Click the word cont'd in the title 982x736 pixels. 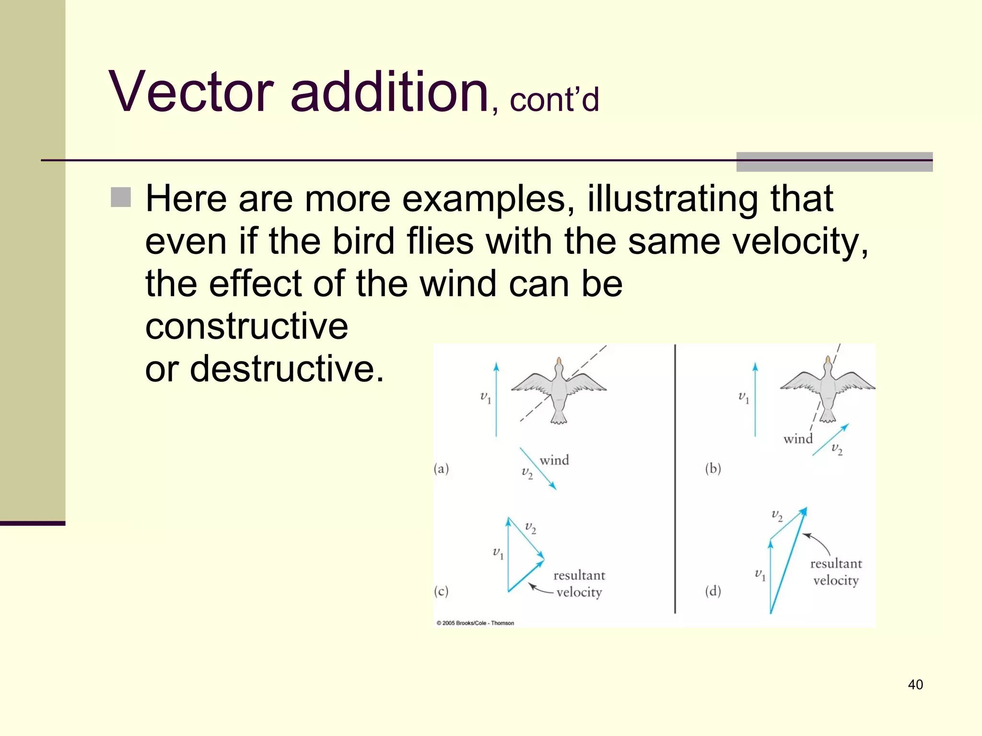[x=554, y=101]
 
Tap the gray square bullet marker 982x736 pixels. [x=121, y=197]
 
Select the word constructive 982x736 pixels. [x=246, y=327]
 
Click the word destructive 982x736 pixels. [x=287, y=369]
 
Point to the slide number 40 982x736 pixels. [x=915, y=684]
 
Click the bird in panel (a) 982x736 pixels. [x=559, y=391]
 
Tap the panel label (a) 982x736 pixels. [x=441, y=469]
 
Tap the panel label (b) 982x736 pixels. [x=713, y=469]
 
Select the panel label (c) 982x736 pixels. [x=441, y=591]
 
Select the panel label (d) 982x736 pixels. [x=713, y=591]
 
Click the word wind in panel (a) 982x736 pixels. [x=554, y=460]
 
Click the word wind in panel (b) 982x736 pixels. [x=798, y=439]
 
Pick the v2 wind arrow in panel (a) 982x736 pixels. [x=538, y=469]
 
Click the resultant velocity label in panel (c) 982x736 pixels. [x=579, y=584]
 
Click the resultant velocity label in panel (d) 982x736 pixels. [x=836, y=572]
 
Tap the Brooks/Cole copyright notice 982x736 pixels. [x=475, y=623]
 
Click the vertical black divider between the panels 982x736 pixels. [x=675, y=479]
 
